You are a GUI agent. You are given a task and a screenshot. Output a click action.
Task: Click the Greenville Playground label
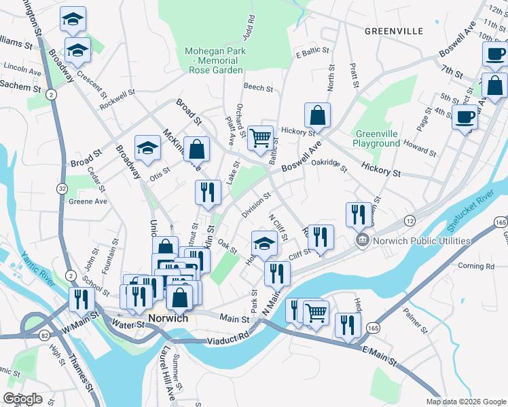[x=376, y=139]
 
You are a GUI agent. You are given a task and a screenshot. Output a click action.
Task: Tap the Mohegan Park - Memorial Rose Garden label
[x=215, y=60]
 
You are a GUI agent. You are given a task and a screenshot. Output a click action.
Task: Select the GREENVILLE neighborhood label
[x=393, y=31]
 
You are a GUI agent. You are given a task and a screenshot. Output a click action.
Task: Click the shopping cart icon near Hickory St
[x=261, y=138]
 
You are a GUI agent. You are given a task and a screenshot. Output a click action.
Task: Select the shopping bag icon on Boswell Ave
[x=317, y=116]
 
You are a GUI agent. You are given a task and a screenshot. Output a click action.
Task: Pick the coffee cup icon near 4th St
[x=465, y=117]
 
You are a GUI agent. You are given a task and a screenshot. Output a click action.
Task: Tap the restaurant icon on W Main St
[x=80, y=299]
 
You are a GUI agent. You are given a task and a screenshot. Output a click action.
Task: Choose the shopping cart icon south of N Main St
[x=316, y=313]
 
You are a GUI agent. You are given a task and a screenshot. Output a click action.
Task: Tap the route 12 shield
[x=409, y=221]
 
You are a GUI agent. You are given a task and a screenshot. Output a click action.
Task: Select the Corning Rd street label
[x=475, y=266]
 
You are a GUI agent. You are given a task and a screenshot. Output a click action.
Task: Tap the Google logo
[x=24, y=400]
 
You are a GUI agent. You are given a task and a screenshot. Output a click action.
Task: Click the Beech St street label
[x=258, y=88]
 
